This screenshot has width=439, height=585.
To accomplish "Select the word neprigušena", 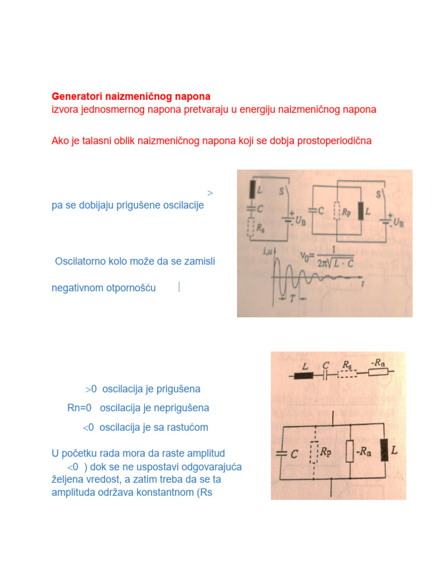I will pos(181,408).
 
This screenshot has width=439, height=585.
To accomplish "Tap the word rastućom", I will pos(187,427).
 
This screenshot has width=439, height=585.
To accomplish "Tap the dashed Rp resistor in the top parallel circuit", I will pos(337,211).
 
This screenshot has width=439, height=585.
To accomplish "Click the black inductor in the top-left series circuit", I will pos(251,189).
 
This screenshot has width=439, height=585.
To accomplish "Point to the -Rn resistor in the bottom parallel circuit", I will pos(349,451).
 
